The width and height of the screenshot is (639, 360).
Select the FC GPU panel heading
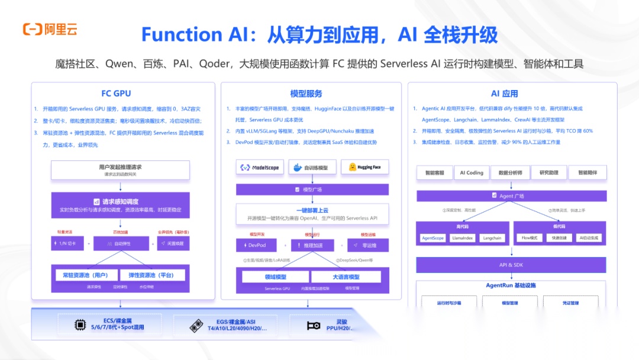tap(116, 94)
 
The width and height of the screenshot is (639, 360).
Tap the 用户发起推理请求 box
tap(120, 170)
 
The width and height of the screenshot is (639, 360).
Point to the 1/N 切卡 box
tap(67, 243)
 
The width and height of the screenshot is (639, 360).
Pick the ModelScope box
tap(260, 168)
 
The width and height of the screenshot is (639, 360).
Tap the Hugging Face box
tap(365, 168)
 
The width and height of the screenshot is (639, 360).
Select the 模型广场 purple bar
tap(312, 189)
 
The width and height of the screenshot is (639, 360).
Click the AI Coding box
tap(472, 173)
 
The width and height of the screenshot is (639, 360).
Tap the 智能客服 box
tap(434, 173)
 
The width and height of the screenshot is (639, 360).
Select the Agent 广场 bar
tap(512, 195)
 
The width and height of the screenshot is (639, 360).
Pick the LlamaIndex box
tap(461, 238)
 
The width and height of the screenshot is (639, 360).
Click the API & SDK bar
tap(512, 265)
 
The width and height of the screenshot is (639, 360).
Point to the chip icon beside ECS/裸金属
tap(79, 324)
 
